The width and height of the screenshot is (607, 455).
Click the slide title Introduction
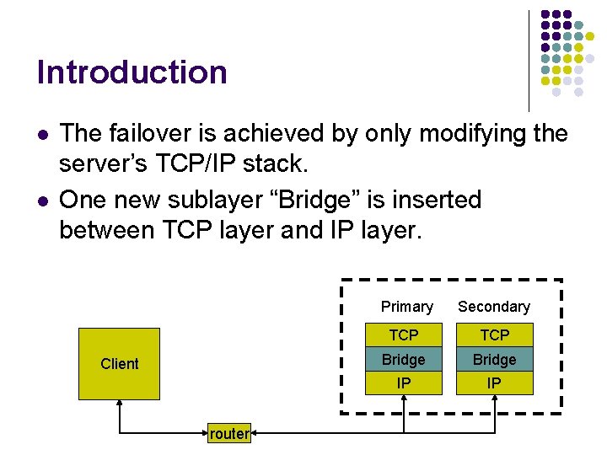132,72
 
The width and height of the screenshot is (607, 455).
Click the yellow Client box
119,363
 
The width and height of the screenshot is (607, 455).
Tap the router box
229,434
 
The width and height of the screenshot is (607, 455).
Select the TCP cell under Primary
404,335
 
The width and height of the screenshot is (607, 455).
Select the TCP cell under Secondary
494,335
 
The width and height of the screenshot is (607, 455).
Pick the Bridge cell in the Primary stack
404,360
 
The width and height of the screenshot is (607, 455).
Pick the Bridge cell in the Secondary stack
494,360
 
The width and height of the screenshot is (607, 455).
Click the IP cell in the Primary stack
404,383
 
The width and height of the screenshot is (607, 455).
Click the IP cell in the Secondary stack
494,383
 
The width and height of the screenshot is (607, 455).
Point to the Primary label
406,307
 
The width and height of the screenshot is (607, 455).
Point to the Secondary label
494,307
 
